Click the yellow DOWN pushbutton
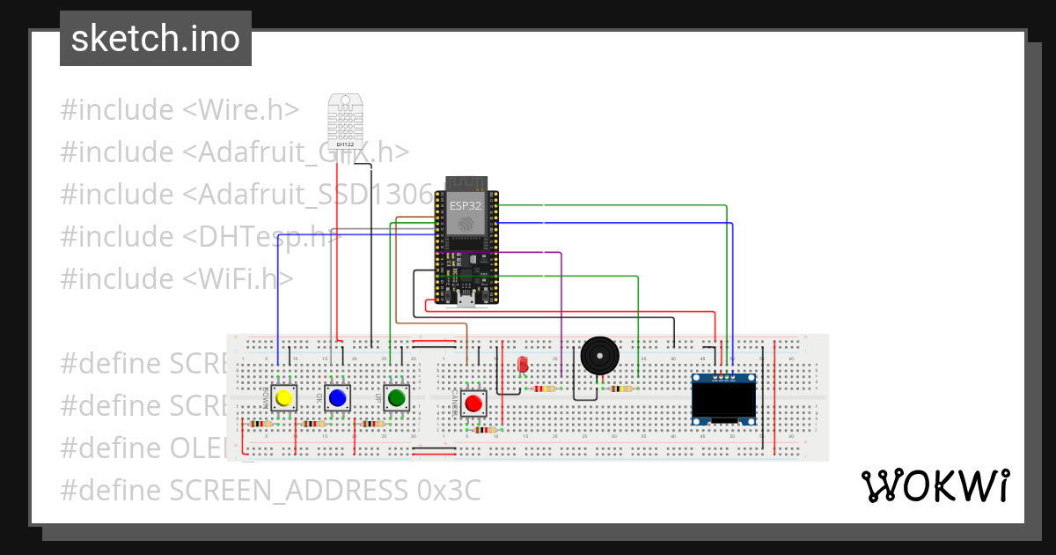click(x=283, y=398)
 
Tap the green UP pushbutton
click(x=396, y=398)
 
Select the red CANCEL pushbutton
click(x=473, y=403)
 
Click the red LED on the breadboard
click(x=522, y=363)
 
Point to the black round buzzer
click(x=599, y=357)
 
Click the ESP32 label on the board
click(x=466, y=205)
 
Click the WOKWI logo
click(x=935, y=485)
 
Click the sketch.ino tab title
click(x=156, y=39)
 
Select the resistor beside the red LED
click(x=546, y=388)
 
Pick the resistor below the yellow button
click(x=260, y=424)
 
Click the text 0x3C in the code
click(x=449, y=490)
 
